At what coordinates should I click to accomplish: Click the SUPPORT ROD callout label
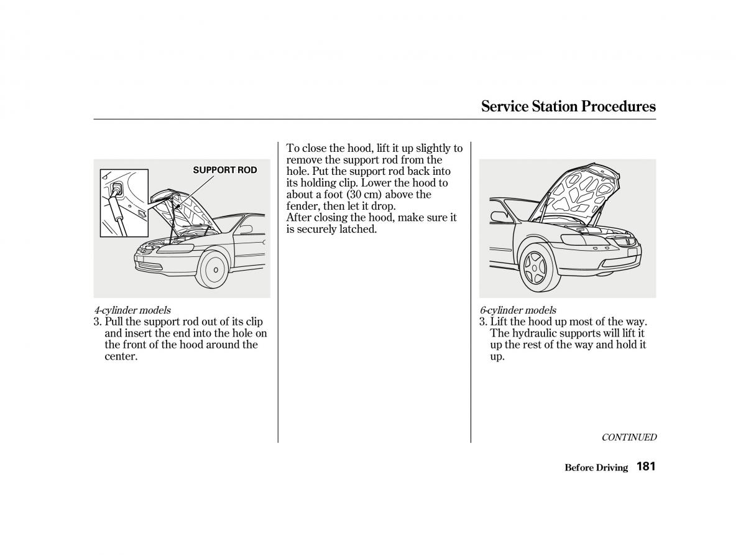coord(224,170)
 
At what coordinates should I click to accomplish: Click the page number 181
coord(646,467)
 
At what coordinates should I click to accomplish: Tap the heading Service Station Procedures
coord(568,106)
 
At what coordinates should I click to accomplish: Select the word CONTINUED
coord(629,437)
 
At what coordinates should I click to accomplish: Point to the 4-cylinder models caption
coord(132,310)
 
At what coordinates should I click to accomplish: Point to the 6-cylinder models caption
coord(518,310)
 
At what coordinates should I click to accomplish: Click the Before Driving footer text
coord(596,468)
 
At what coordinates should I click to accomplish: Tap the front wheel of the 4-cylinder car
coord(215,269)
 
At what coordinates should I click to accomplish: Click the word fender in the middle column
coord(303,206)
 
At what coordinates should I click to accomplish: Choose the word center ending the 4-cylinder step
coord(120,357)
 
